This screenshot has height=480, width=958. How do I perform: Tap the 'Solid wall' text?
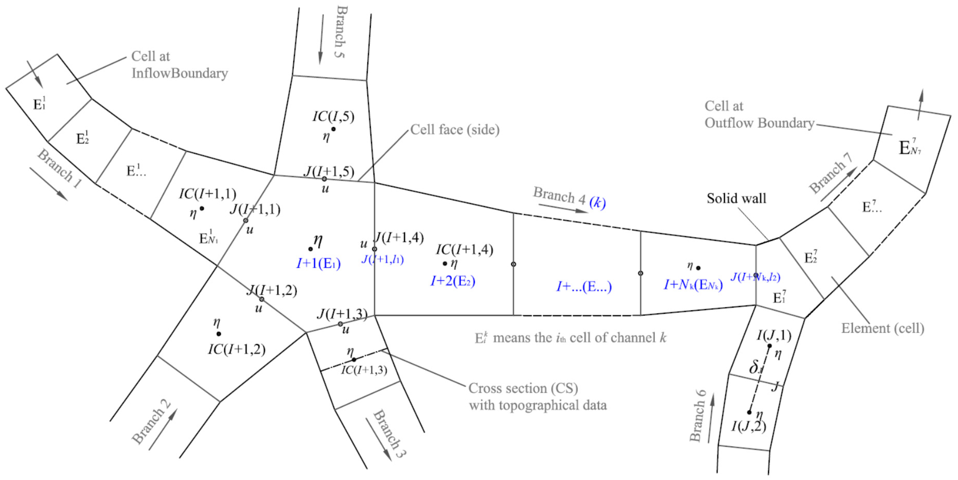[x=736, y=198]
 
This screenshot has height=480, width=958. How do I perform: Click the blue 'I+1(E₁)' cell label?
[x=318, y=263]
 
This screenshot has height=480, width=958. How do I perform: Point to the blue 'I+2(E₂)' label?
[x=452, y=281]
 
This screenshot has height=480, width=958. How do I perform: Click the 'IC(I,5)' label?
[x=333, y=116]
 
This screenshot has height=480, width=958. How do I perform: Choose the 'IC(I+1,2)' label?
[x=237, y=349]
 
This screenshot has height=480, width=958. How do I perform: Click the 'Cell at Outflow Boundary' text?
[x=759, y=115]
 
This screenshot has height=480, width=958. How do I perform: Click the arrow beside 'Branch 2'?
[x=163, y=429]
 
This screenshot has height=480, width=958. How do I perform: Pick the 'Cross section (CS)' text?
[x=523, y=388]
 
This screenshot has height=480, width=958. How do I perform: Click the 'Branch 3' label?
[x=389, y=433]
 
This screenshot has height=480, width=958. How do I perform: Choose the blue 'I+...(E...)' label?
[x=584, y=286]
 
